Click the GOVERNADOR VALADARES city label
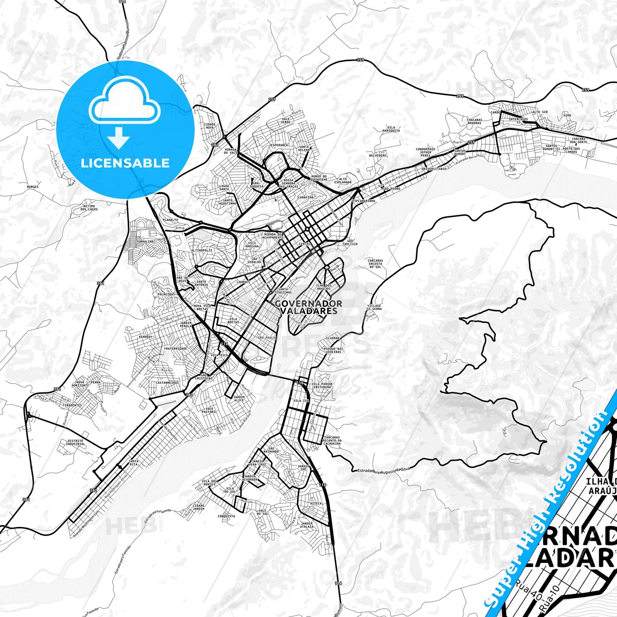pos(308,307)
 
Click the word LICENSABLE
pos(125,163)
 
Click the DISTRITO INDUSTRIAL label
pos(76,442)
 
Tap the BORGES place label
pos(32,187)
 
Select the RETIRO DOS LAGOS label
pos(89,208)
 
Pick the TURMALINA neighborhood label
pos(145,241)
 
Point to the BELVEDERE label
pos(378,155)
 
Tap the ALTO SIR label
pos(540,112)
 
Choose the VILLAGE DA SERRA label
pos(374,307)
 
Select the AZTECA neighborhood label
pos(316,503)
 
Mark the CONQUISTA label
pos(226,516)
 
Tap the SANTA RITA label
pos(134,463)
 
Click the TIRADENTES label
pos(72,405)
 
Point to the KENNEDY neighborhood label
pos(146,337)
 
